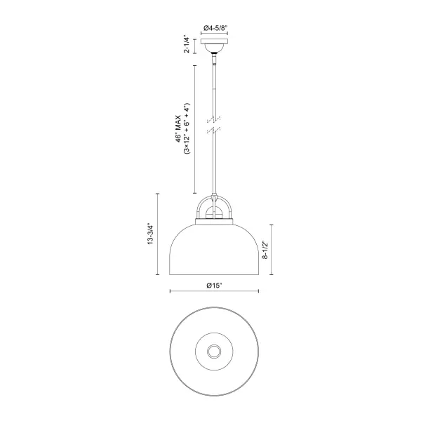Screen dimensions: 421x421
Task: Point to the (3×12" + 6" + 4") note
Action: (x=187, y=128)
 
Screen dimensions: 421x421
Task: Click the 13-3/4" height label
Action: (x=150, y=234)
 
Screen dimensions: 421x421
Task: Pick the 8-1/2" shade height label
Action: (x=265, y=250)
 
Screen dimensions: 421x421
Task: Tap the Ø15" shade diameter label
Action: (x=214, y=286)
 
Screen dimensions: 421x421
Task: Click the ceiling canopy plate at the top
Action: (x=214, y=41)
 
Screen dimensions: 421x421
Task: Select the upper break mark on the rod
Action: (x=214, y=119)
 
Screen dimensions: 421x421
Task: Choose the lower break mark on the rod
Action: (x=214, y=130)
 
